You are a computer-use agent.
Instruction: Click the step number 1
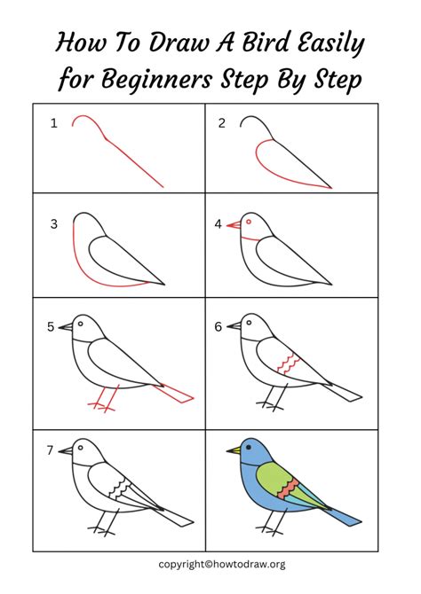(x=53, y=123)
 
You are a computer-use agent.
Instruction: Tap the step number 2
(x=222, y=123)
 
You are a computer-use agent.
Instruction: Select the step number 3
(x=53, y=224)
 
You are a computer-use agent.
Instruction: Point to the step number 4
(x=218, y=224)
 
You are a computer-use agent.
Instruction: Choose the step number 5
(x=51, y=327)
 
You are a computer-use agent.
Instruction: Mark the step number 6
(x=218, y=327)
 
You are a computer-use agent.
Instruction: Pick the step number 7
(x=51, y=450)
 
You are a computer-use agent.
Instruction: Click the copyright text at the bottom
(x=222, y=564)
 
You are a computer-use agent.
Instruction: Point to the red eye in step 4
(x=249, y=221)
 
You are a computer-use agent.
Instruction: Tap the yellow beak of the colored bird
(x=233, y=450)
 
